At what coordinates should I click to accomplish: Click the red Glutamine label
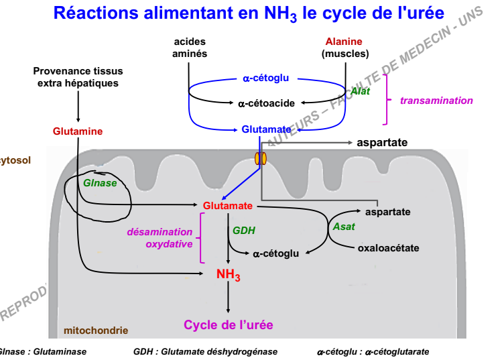78,131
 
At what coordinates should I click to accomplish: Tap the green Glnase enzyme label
100,183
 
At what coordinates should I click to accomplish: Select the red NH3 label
228,274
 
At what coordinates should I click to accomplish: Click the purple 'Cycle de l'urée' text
229,325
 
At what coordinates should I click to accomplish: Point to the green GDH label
244,231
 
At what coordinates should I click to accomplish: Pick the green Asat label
344,227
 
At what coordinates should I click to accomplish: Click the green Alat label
360,91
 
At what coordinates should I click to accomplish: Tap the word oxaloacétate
388,248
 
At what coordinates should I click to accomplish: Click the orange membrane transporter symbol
260,159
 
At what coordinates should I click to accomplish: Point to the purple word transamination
436,101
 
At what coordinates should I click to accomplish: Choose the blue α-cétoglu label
266,78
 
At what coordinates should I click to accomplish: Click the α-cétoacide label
266,103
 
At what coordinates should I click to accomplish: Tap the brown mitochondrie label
96,331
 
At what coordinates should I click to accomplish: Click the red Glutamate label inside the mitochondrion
227,205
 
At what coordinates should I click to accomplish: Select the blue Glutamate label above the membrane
266,129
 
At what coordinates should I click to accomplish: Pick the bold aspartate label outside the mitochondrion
382,143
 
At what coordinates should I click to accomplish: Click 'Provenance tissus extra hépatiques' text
78,76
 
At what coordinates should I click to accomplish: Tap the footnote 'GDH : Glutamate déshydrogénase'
205,352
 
